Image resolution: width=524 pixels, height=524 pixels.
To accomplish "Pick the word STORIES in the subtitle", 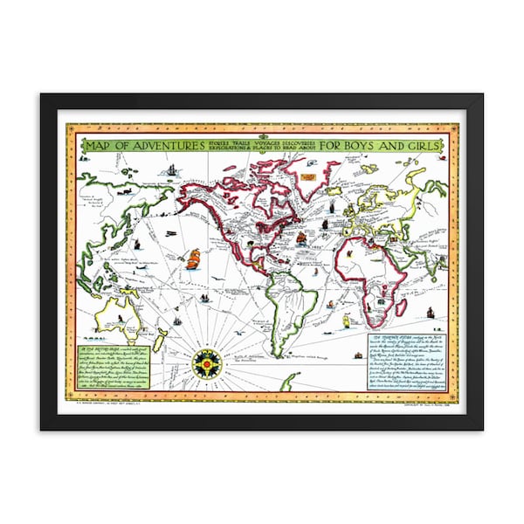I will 220,140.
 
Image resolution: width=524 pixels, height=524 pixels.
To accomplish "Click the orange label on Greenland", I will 308,175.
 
